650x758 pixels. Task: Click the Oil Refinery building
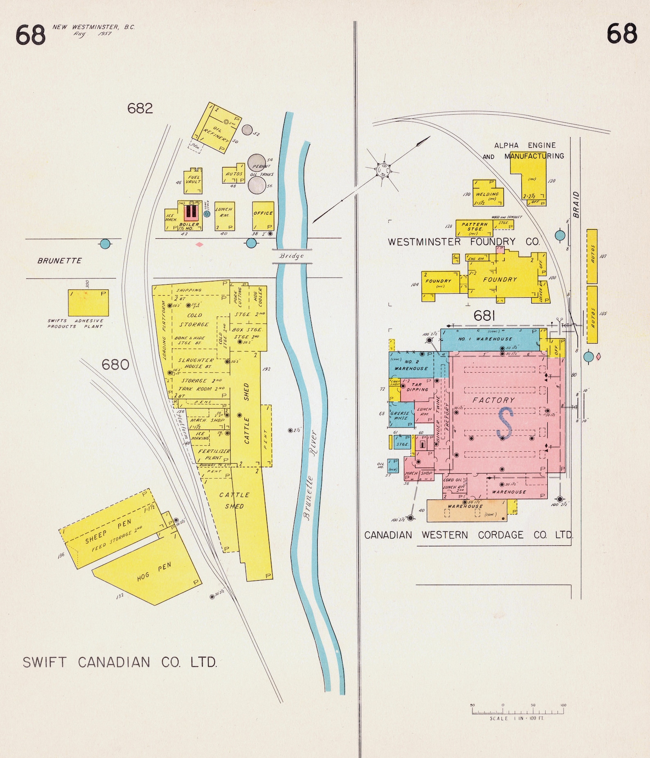(217, 129)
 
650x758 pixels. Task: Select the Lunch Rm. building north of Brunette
(224, 215)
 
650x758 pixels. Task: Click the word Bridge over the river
(292, 256)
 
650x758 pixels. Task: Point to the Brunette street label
(60, 260)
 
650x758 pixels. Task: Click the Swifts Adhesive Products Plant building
(88, 303)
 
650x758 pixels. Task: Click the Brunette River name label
(310, 475)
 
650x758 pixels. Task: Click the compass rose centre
(384, 169)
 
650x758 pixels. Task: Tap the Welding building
(488, 193)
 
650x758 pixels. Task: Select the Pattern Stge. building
(474, 228)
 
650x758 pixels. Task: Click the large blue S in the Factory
(505, 423)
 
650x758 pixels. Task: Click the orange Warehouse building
(466, 510)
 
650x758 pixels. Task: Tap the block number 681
(485, 316)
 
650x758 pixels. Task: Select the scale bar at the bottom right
(518, 711)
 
